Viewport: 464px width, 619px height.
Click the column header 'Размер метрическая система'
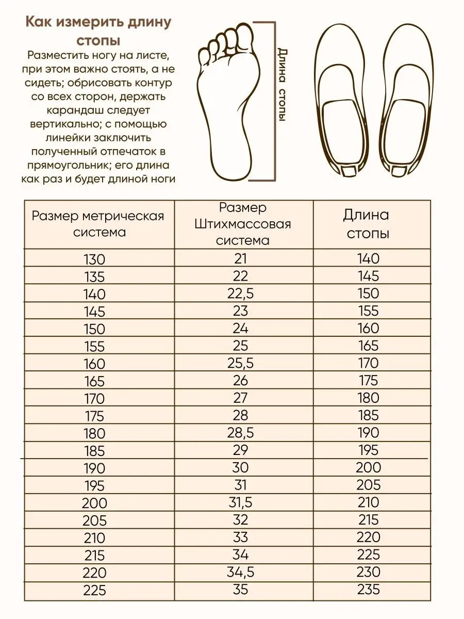[98, 223]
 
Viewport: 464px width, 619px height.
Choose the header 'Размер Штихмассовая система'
[242, 224]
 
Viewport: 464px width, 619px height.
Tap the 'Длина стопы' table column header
[367, 224]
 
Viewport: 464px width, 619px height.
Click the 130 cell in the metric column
[94, 259]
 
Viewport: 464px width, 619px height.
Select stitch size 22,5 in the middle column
[240, 294]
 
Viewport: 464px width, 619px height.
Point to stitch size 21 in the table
[240, 258]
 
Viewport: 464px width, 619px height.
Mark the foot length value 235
[368, 589]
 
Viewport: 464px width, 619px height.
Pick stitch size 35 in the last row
[240, 589]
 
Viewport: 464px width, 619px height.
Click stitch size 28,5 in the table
[240, 432]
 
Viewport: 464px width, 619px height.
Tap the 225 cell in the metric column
[94, 590]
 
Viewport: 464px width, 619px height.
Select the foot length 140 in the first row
[368, 258]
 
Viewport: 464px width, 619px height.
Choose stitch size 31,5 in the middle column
[240, 502]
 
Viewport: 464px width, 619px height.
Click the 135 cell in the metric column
[94, 277]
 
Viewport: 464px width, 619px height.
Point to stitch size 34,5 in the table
[240, 572]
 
